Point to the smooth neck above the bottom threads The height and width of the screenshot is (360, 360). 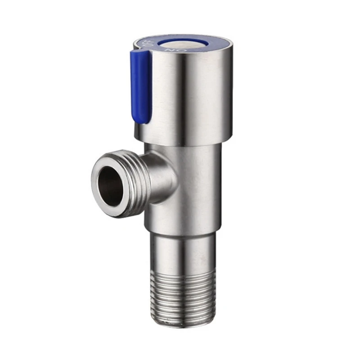point(183,252)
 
